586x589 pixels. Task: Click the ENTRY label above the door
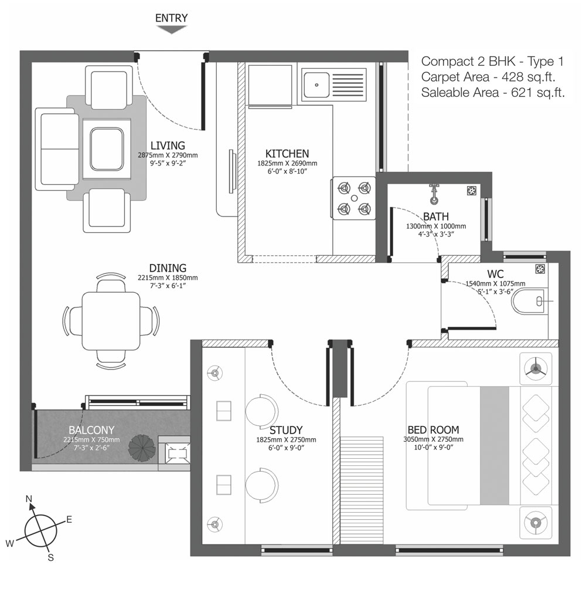(172, 18)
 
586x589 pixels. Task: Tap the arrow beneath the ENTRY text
(172, 29)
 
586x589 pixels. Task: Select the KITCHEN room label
(287, 154)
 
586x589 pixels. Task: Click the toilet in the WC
(529, 301)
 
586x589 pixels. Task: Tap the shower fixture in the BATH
(434, 194)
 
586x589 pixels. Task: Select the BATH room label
(436, 216)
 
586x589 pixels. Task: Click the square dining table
(111, 321)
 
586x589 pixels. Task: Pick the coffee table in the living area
(107, 149)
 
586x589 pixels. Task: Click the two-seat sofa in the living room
(57, 149)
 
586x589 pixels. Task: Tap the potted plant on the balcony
(141, 448)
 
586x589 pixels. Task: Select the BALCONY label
(91, 430)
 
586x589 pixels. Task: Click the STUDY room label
(286, 430)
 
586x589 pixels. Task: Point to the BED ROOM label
(433, 430)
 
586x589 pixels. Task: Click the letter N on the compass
(29, 499)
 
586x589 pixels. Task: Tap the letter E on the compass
(69, 520)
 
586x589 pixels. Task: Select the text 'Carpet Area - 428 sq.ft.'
(488, 77)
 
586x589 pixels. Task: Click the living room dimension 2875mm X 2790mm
(168, 155)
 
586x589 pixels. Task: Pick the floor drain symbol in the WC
(540, 269)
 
